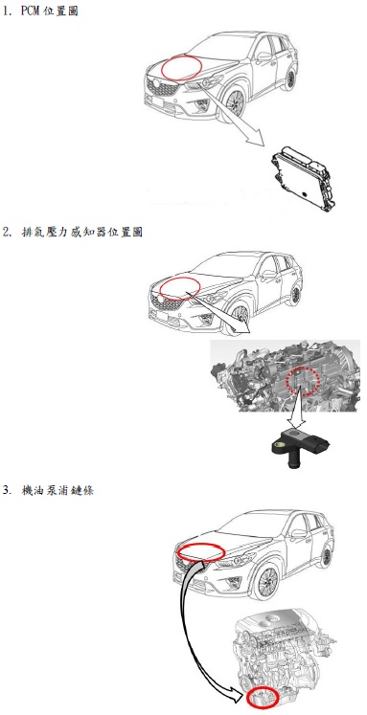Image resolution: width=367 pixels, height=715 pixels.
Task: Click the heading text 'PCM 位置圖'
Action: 49,11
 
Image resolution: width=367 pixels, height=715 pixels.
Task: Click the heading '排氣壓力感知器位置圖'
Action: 82,232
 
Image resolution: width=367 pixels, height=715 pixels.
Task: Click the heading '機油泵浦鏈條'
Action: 57,491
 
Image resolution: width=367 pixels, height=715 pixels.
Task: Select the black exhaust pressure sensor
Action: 298,448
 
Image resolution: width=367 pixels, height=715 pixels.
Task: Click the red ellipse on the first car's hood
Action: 181,68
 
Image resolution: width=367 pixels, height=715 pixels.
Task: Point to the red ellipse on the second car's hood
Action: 179,289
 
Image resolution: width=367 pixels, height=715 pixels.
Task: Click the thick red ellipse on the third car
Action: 201,551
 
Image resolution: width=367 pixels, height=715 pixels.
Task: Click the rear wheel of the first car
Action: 290,78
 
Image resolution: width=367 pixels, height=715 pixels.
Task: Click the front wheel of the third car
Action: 267,584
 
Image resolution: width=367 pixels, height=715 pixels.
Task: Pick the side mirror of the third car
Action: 299,532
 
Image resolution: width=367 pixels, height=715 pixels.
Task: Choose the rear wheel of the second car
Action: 296,295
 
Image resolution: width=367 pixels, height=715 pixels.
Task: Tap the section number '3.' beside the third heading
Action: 7,491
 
